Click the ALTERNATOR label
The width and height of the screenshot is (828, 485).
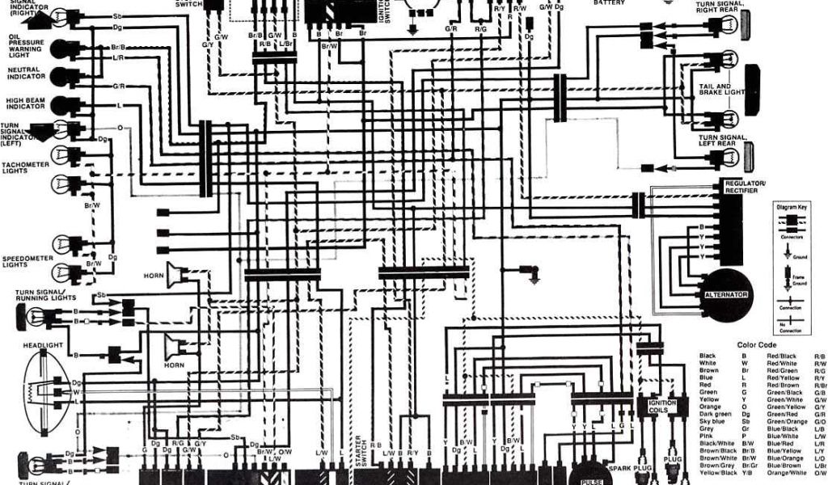pyautogui.click(x=726, y=294)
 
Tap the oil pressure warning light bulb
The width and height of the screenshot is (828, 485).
pyautogui.click(x=59, y=48)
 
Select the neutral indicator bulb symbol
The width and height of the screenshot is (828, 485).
pyautogui.click(x=59, y=76)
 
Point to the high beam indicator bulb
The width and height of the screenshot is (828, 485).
pyautogui.click(x=59, y=105)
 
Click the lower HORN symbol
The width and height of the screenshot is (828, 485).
pyautogui.click(x=172, y=347)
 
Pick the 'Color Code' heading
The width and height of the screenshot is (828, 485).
pyautogui.click(x=755, y=345)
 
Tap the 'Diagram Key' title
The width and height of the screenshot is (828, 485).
pyautogui.click(x=792, y=208)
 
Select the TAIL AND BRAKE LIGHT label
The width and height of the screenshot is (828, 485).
pyautogui.click(x=721, y=89)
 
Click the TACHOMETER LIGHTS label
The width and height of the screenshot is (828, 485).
pyautogui.click(x=25, y=167)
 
